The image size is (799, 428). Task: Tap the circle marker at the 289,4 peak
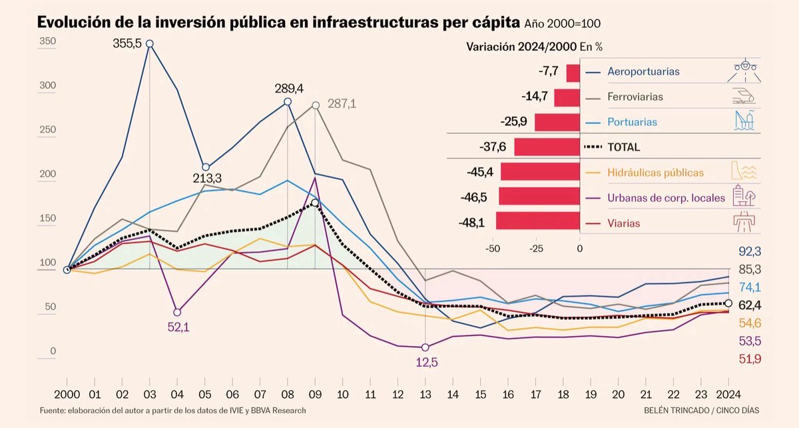(x=288, y=102)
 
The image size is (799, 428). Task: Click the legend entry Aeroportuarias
(x=643, y=71)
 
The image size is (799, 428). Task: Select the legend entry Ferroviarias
(x=635, y=97)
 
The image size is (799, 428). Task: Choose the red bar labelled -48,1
(x=538, y=223)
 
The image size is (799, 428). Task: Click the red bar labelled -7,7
(x=573, y=72)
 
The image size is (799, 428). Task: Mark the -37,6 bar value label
(x=493, y=147)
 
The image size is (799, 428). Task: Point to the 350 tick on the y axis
(x=47, y=42)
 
